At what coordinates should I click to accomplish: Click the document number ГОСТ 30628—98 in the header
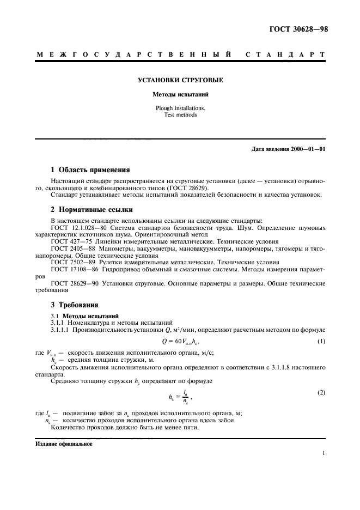[299, 29]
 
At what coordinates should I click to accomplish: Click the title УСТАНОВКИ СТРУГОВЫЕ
[180, 80]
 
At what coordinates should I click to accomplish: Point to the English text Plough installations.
[180, 108]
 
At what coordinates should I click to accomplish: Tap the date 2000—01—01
[307, 149]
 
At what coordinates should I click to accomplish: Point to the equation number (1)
[321, 341]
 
